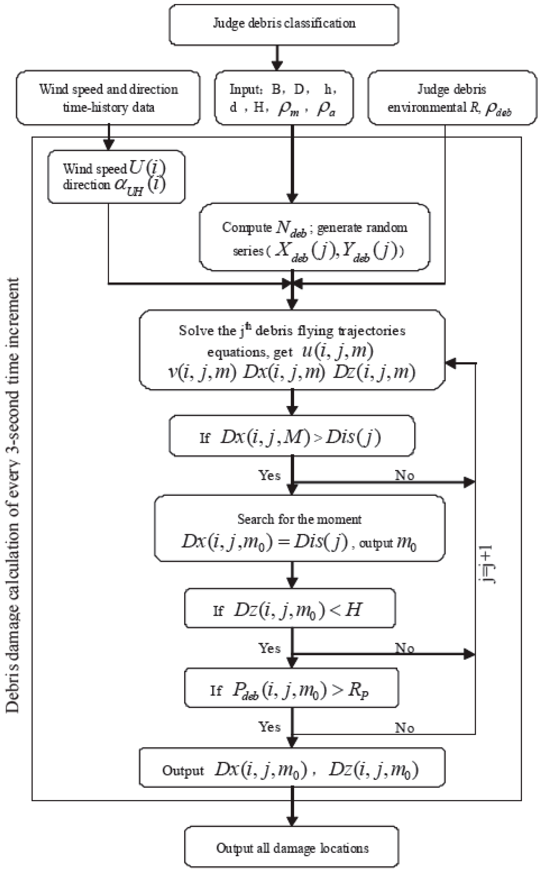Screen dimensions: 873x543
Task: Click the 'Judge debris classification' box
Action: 284,24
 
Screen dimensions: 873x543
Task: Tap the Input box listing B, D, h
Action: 284,98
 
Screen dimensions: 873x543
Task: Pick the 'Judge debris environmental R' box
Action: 452,98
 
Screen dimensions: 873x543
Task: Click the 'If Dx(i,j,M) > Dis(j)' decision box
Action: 292,436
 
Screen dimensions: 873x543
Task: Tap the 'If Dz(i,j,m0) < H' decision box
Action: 290,608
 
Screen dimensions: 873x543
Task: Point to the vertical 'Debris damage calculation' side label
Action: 13,496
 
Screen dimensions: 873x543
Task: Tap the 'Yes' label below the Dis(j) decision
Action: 269,475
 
